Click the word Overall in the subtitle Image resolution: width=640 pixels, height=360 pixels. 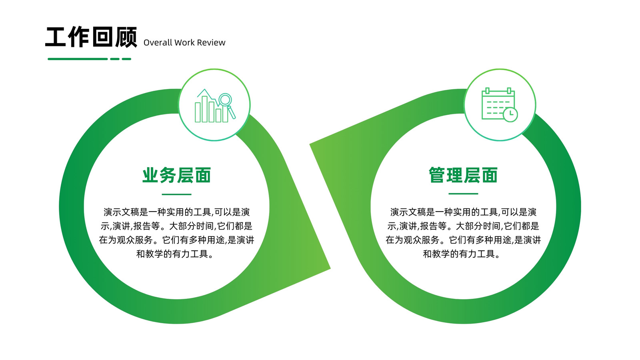click(x=158, y=42)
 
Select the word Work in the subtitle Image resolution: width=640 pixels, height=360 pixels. click(x=184, y=42)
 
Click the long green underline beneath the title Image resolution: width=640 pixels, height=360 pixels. click(x=78, y=59)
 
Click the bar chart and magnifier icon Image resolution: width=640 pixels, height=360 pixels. click(x=215, y=106)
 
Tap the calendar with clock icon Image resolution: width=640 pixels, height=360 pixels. click(x=500, y=105)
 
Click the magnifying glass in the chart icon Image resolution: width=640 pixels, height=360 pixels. click(x=227, y=105)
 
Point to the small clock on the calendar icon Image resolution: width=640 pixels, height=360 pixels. click(x=510, y=114)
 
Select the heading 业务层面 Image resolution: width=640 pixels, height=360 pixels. click(x=176, y=175)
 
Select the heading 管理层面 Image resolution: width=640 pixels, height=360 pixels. click(x=463, y=175)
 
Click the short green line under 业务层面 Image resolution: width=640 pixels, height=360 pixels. click(x=176, y=194)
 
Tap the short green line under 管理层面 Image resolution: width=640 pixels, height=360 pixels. click(x=463, y=194)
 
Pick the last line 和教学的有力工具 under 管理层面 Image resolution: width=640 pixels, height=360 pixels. click(x=462, y=254)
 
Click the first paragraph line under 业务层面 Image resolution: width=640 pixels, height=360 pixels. click(x=176, y=212)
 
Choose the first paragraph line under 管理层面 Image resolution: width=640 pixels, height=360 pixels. click(x=463, y=212)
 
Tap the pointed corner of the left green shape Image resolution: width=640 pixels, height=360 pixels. click(x=330, y=268)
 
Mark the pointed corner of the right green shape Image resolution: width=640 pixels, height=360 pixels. click(x=310, y=144)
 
